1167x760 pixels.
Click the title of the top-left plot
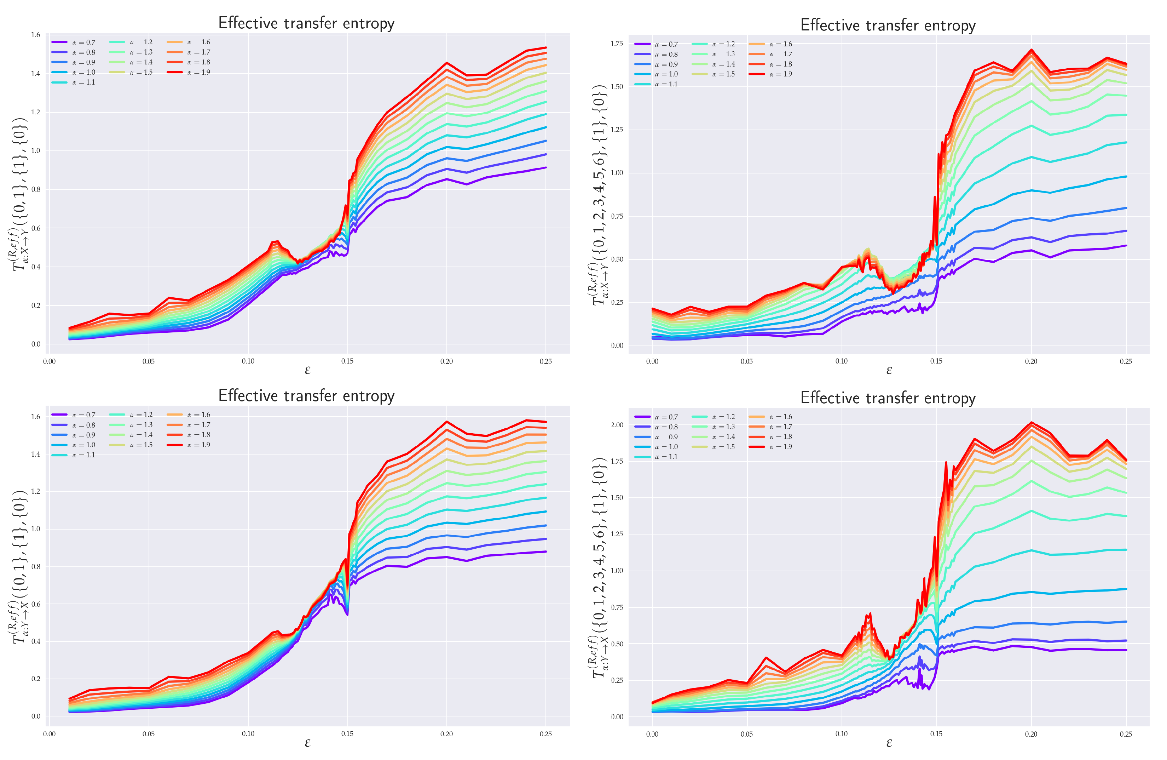tap(306, 23)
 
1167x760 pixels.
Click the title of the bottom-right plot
tap(888, 398)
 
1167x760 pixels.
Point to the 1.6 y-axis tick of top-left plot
tap(35, 35)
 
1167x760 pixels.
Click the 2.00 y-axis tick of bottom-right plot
tap(616, 425)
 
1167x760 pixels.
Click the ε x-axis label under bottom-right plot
tap(889, 743)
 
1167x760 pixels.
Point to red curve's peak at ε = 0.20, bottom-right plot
tap(1031, 422)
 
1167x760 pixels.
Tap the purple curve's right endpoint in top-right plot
tap(1126, 245)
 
